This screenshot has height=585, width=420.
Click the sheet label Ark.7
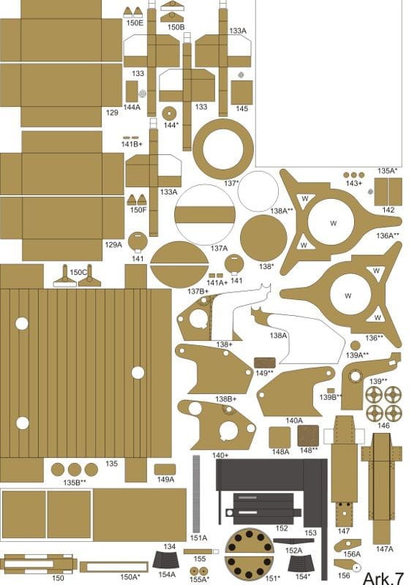click(x=383, y=578)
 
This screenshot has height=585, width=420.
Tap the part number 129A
click(x=113, y=245)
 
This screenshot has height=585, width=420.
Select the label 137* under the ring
click(x=231, y=184)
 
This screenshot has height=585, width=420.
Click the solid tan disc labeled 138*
click(x=263, y=238)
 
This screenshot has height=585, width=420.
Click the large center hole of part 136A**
click(x=331, y=222)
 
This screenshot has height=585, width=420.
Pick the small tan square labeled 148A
click(x=280, y=437)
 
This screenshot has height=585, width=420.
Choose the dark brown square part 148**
click(x=308, y=436)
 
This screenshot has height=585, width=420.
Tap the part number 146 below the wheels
click(x=383, y=426)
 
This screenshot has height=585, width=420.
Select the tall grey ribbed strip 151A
click(x=196, y=494)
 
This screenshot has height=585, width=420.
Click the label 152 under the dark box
click(x=282, y=528)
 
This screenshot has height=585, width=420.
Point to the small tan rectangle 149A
click(x=165, y=469)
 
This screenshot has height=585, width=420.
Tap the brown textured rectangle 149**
click(x=265, y=363)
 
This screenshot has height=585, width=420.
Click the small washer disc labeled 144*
click(x=169, y=113)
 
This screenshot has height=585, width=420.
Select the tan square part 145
click(x=242, y=93)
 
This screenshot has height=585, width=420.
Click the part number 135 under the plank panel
click(x=112, y=464)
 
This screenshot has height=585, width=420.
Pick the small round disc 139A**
click(x=356, y=345)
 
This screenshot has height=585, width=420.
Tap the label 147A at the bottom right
click(x=385, y=549)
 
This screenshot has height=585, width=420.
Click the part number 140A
click(x=294, y=420)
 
